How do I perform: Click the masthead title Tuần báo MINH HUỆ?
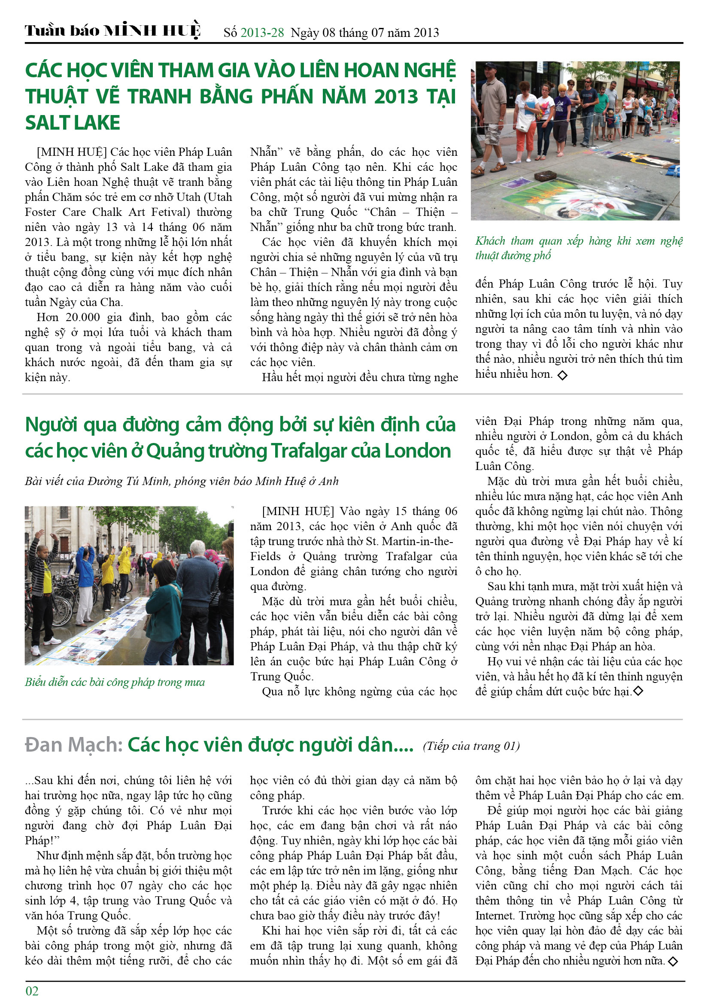coord(112,30)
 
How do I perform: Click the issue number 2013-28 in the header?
coord(262,33)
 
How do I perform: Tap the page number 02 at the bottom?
coord(32,991)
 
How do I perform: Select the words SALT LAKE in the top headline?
coord(73,123)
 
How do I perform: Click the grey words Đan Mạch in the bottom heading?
coord(73,745)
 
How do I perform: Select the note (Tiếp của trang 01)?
coord(471,746)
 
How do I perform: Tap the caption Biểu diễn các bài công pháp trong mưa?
coord(115,682)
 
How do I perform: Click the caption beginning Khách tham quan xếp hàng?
coord(578,248)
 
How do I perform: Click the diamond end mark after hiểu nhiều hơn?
coord(562,375)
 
